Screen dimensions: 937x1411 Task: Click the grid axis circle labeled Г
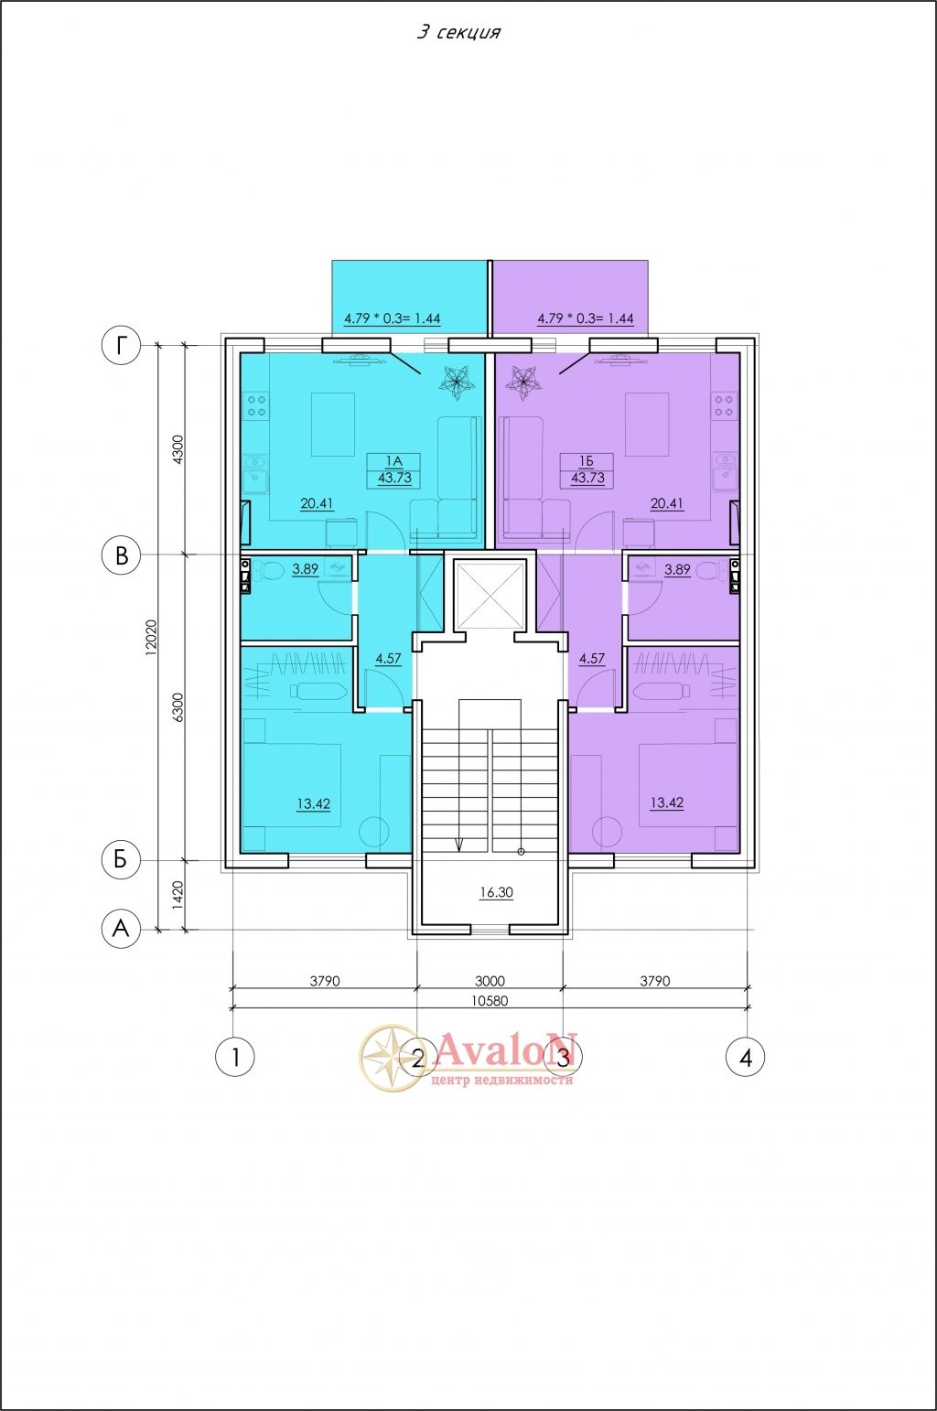point(121,345)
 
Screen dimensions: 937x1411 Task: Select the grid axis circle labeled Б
point(121,860)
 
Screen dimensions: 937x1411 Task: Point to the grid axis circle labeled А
point(121,929)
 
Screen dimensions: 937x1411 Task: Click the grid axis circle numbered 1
point(235,1056)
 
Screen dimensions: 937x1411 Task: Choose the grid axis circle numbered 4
point(746,1056)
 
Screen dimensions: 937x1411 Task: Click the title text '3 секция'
point(458,32)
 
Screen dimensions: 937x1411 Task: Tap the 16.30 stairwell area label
point(496,892)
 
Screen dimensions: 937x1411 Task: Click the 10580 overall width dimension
point(490,1001)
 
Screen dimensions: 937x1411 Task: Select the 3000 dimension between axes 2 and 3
point(490,981)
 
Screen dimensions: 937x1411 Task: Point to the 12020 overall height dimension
point(151,637)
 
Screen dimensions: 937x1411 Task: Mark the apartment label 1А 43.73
point(394,470)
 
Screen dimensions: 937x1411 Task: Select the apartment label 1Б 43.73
point(587,470)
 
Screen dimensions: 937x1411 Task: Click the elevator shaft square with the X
point(490,596)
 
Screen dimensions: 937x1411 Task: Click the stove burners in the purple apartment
point(724,405)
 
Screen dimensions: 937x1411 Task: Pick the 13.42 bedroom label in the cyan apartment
point(314,804)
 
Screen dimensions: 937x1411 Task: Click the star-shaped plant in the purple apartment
point(522,382)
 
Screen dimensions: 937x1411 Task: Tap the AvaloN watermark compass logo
point(392,1057)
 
